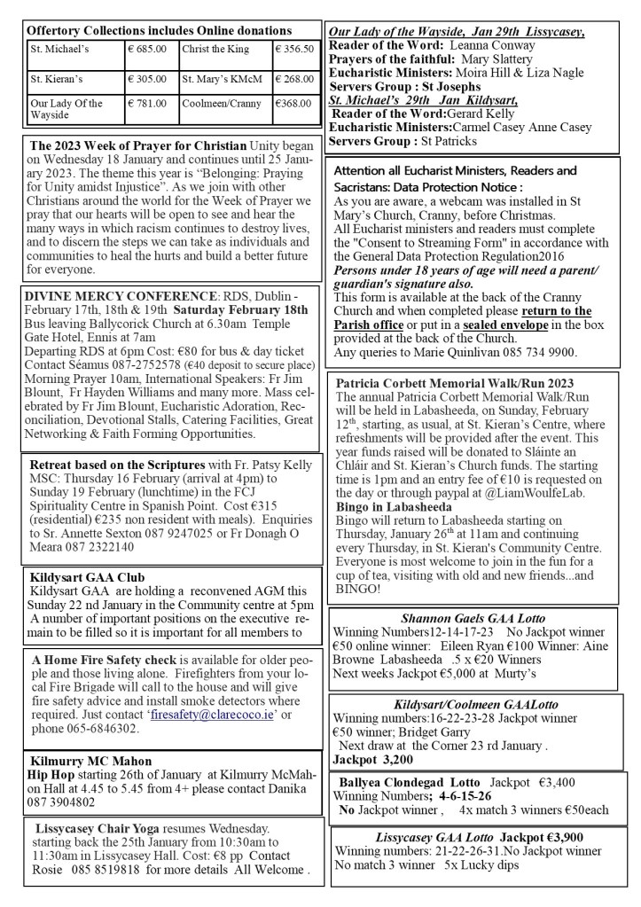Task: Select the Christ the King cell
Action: (215, 50)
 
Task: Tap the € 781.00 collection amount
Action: (147, 104)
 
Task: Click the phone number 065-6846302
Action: (96, 728)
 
